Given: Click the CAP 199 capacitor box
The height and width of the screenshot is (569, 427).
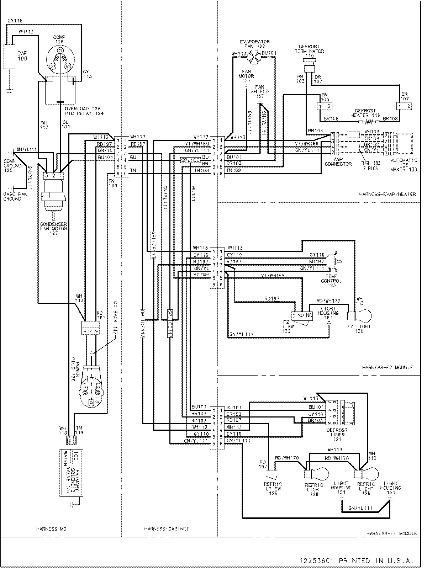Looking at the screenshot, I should point(10,56).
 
